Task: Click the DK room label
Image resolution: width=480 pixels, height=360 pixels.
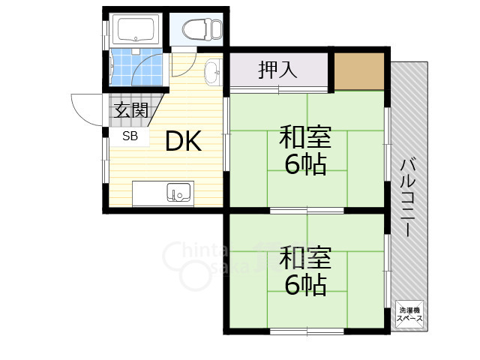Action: coord(183,142)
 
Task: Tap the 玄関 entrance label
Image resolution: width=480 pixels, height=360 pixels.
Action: coord(130,111)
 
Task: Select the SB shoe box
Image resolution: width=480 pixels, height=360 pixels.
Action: coord(130,136)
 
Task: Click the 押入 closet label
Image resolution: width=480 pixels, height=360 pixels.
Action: coord(278,70)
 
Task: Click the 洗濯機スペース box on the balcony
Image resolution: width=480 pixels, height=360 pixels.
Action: coord(410,313)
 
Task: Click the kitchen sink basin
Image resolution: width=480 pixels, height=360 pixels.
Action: coord(179,193)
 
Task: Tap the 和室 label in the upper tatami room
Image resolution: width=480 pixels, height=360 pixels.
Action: coord(304,138)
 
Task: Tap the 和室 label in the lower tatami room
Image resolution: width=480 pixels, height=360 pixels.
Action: coord(304,258)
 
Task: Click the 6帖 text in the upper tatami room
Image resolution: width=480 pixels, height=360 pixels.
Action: coord(305,163)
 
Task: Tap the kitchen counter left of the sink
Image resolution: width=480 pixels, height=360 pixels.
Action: coord(148,193)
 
